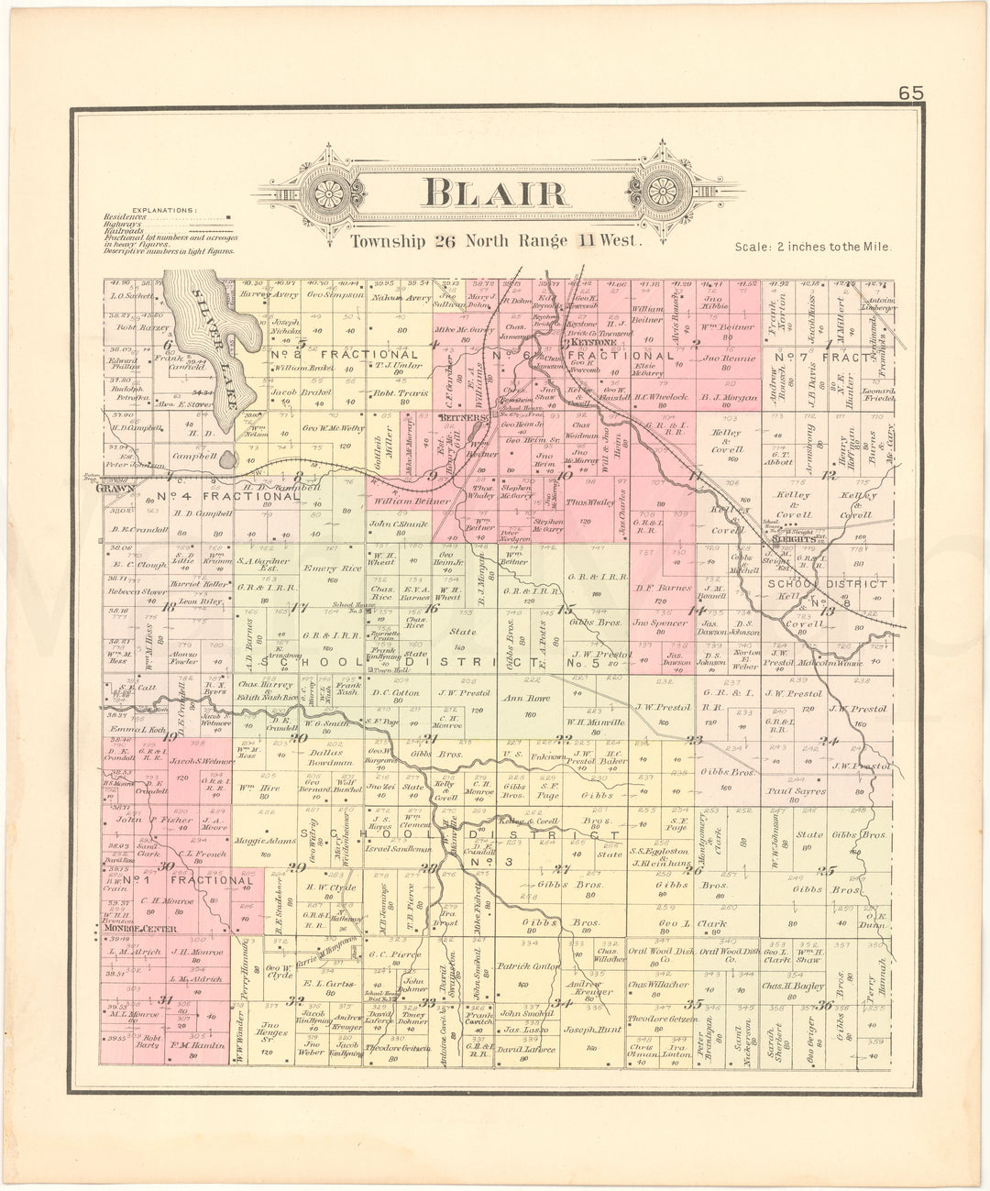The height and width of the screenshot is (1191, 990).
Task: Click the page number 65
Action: [x=911, y=93]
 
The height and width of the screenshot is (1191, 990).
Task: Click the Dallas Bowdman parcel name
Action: [x=326, y=757]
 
